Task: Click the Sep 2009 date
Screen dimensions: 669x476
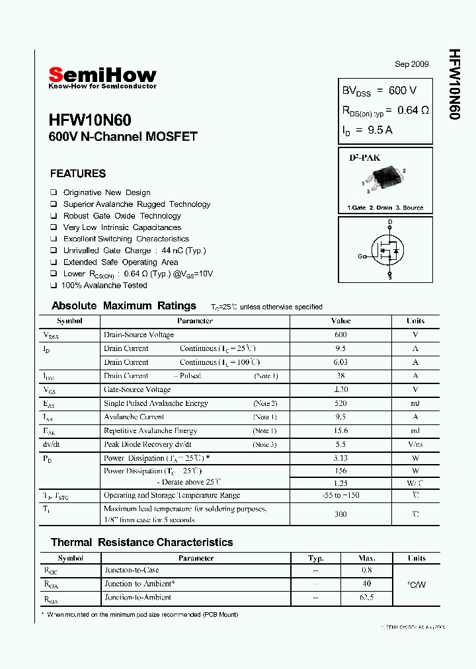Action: [x=412, y=64]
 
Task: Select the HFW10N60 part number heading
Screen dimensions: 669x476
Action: [x=90, y=120]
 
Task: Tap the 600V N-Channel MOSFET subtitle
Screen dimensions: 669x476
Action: [x=123, y=138]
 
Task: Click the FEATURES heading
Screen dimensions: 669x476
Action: [x=78, y=174]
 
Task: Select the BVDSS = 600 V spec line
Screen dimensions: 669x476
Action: [x=379, y=91]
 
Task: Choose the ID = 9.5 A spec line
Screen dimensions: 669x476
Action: [x=367, y=130]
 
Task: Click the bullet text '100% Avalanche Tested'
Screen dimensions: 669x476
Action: [x=104, y=286]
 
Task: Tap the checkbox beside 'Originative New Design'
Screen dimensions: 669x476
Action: [x=54, y=192]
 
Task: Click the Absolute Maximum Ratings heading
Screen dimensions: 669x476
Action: [x=124, y=305]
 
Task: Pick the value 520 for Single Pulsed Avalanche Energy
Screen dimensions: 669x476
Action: [x=340, y=403]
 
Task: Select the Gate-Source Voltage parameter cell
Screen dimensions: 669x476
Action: [x=137, y=390]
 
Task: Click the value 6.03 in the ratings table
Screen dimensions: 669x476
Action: [x=340, y=362]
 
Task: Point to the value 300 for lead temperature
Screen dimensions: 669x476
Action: [x=340, y=514]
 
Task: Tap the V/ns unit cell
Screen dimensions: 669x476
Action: [x=415, y=445]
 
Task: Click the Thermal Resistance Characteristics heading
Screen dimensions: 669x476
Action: [x=141, y=542]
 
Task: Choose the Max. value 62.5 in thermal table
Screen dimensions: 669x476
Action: [x=367, y=598]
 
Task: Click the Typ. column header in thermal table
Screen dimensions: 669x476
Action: [x=316, y=558]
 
